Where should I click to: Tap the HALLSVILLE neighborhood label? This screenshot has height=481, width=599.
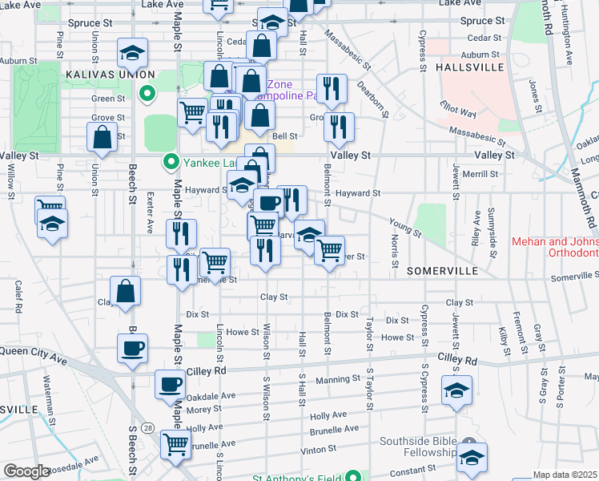coord(471,68)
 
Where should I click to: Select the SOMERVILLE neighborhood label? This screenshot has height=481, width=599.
coord(442,272)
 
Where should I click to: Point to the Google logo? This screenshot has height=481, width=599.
coord(26,471)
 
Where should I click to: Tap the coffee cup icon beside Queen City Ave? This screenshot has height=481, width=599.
coord(133,349)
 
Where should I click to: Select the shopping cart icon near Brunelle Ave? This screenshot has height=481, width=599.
coord(175,443)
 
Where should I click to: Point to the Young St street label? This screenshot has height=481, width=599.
coord(404,227)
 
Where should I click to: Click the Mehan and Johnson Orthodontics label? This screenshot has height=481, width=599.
coord(555,247)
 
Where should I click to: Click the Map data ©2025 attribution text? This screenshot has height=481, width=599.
coord(565,475)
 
